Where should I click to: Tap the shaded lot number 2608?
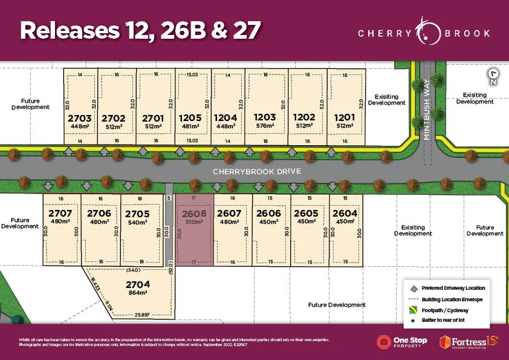pos(194,214)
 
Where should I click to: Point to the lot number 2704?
pos(138,284)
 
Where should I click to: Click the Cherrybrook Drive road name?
pos(256,172)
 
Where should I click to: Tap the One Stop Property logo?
pos(402,342)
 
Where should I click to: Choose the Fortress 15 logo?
pos(468,342)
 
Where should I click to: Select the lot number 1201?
pos(345,117)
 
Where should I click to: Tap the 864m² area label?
pos(138,293)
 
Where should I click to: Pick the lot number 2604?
pos(345,214)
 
